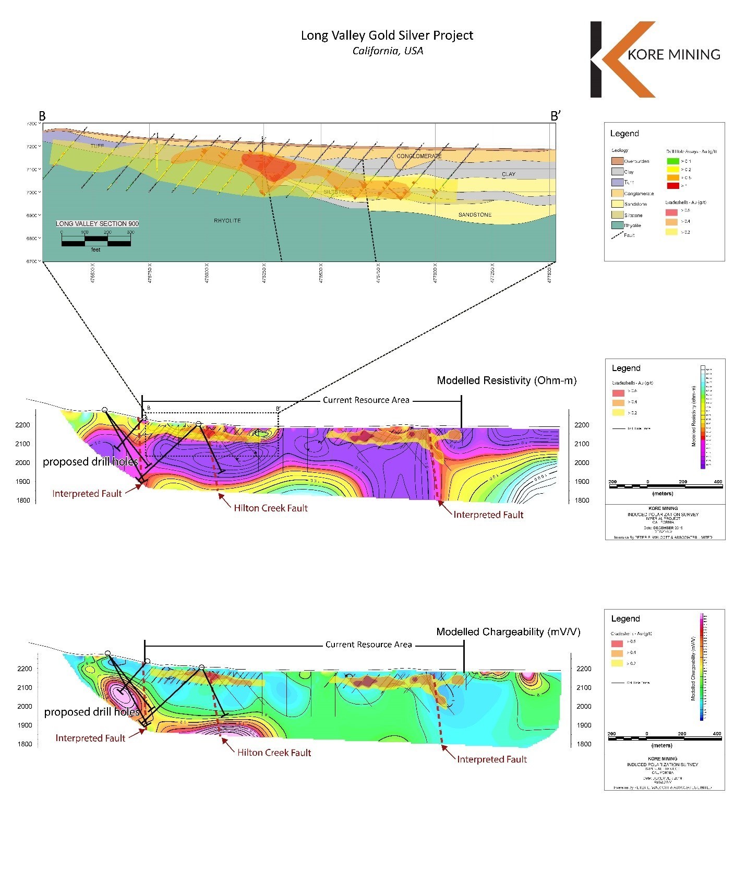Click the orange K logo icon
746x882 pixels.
[626, 59]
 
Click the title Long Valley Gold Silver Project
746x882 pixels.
[387, 35]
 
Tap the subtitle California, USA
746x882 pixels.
[388, 51]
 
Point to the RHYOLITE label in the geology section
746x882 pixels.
[227, 221]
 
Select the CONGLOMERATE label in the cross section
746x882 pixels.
[419, 156]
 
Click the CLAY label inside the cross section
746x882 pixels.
[508, 174]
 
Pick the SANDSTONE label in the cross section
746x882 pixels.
[475, 214]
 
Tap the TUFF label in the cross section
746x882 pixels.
[97, 146]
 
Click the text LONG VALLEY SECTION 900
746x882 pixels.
[98, 223]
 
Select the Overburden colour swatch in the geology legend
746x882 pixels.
[617, 161]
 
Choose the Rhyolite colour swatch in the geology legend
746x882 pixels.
[617, 225]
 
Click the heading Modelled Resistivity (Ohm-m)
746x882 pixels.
[507, 380]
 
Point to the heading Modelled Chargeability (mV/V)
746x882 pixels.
[508, 632]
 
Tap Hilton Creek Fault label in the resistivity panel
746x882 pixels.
[271, 508]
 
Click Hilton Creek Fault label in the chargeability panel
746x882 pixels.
[274, 753]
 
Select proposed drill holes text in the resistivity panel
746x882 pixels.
[90, 462]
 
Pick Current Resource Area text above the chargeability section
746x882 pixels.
[368, 645]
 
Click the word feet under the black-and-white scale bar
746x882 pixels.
[95, 250]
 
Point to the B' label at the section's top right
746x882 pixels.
[555, 116]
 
